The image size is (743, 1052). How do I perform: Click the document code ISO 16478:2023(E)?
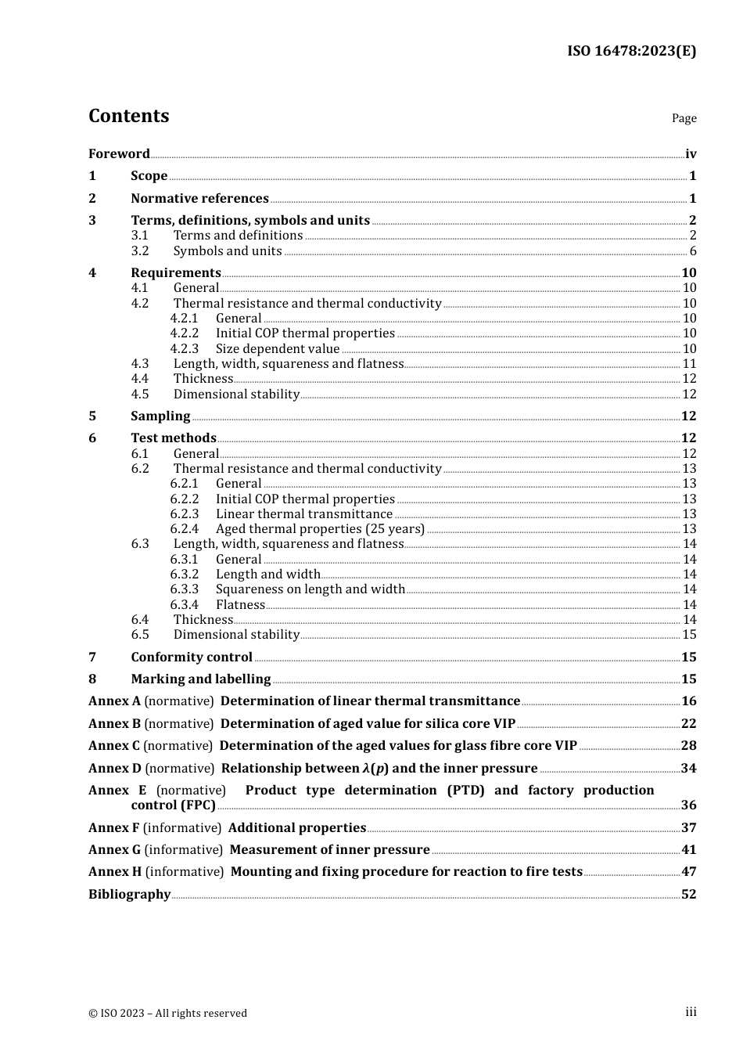coord(631,51)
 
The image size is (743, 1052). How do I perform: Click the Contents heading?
coord(128,116)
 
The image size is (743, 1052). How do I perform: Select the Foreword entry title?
coord(119,154)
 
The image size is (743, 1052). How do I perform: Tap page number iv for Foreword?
coord(691,154)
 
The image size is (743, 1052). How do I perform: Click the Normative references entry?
coord(199,199)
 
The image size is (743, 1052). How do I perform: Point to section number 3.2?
coord(140,251)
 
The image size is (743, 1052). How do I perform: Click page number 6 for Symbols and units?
coord(693,251)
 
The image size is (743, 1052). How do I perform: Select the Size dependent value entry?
coord(278,349)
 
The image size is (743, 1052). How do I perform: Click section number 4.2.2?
coord(185,333)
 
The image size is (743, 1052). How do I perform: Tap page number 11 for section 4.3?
coord(689,364)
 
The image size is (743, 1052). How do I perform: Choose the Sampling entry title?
coord(160,416)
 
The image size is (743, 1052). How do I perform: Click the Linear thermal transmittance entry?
coord(304,514)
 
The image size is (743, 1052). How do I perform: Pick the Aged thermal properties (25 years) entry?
coord(320,529)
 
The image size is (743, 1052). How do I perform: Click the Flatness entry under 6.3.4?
coord(240,605)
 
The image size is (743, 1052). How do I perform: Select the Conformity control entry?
coord(192,657)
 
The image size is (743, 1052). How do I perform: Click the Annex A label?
coord(114,701)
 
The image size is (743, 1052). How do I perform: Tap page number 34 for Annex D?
coord(688,769)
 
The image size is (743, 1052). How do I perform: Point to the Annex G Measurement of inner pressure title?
coord(329,850)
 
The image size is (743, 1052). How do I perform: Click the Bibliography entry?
coord(129,895)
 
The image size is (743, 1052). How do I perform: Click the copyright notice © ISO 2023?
coord(167,1014)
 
